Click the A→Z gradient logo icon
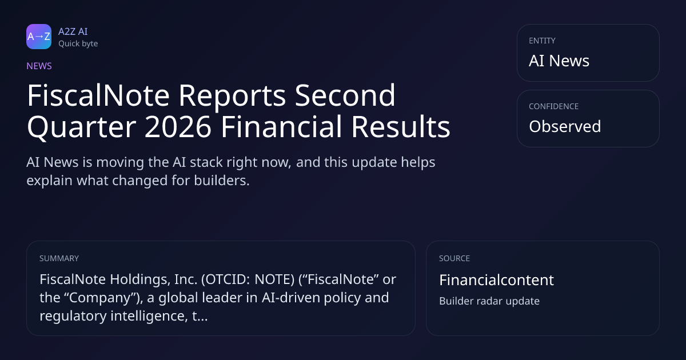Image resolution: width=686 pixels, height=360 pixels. click(39, 37)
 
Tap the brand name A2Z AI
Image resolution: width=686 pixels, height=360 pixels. click(73, 31)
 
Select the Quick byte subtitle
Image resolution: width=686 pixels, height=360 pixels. click(78, 44)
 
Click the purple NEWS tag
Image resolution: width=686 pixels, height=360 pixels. click(39, 66)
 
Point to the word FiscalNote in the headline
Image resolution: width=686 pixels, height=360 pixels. click(98, 95)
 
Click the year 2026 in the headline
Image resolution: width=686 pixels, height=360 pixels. click(178, 127)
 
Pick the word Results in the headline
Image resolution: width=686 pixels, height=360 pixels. click(401, 127)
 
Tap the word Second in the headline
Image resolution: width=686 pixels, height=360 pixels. click(345, 95)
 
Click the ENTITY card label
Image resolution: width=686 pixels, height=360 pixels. click(542, 41)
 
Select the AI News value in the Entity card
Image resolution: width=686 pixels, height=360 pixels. click(559, 61)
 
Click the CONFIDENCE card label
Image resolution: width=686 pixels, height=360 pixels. click(554, 106)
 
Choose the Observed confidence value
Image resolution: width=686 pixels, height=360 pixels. click(565, 126)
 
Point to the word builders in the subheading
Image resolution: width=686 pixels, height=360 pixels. click(222, 181)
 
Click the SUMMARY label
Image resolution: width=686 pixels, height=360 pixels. click(59, 258)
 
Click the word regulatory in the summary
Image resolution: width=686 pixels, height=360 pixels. click(73, 316)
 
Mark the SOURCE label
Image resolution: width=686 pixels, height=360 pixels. click(454, 258)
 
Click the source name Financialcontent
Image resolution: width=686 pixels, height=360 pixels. click(496, 280)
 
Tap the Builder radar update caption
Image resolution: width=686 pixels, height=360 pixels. click(489, 301)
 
